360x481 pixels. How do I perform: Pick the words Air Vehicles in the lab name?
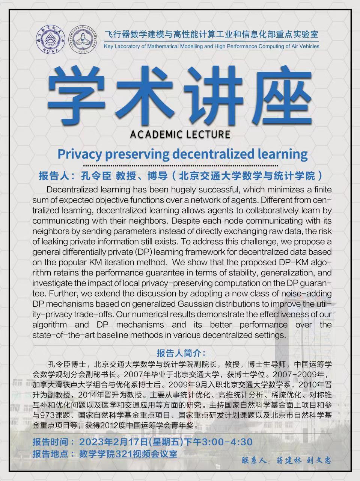304,47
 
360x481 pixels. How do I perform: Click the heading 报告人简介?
181,353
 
